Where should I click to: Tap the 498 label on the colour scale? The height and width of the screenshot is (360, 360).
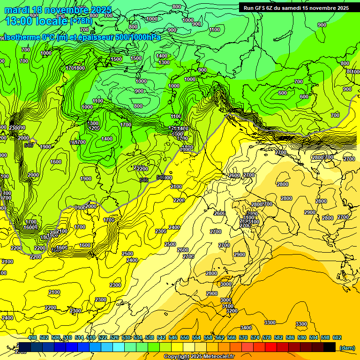tap(32, 337)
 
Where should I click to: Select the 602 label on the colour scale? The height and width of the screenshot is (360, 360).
tap(337, 337)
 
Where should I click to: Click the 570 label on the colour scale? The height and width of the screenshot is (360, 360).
tap(243, 337)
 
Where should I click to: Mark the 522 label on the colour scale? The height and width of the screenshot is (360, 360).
tap(103, 337)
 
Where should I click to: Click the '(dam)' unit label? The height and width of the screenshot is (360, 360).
tap(347, 348)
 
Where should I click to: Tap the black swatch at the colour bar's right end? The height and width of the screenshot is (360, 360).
tap(330, 347)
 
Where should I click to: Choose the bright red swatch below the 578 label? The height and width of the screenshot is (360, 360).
tap(271, 347)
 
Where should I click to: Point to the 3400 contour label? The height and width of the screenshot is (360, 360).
tap(246, 328)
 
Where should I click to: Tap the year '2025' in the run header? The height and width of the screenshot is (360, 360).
tap(340, 8)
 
